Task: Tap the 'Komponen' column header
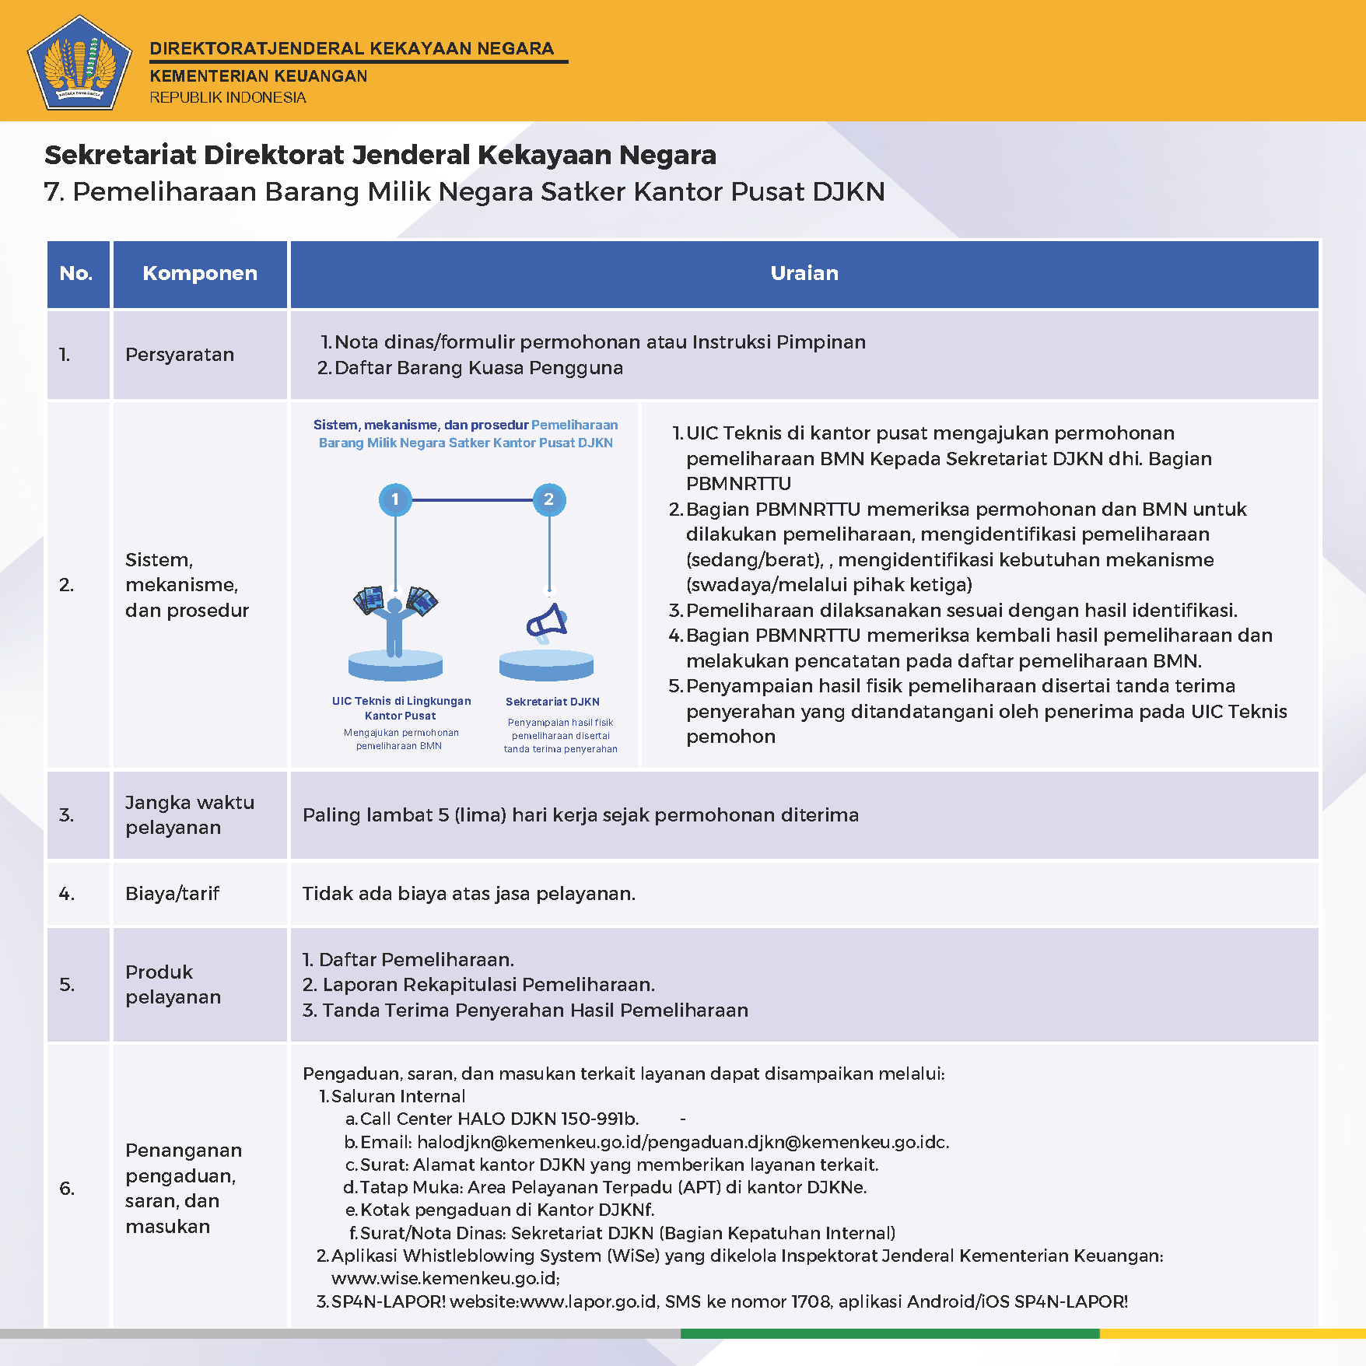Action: (200, 273)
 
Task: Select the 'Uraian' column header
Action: (804, 273)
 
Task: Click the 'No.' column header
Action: (76, 273)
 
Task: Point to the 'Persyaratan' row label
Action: (180, 355)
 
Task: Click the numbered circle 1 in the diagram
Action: (395, 499)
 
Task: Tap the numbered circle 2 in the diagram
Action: (549, 499)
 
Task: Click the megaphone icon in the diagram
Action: (548, 622)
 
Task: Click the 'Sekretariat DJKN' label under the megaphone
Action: (552, 702)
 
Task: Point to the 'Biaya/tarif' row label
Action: (173, 894)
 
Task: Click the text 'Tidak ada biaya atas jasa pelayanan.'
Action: (469, 894)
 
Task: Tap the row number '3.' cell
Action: (67, 815)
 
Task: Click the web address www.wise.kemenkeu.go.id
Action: (445, 1278)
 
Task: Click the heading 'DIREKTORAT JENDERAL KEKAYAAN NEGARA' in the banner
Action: (352, 48)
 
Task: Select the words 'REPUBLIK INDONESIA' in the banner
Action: (228, 97)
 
